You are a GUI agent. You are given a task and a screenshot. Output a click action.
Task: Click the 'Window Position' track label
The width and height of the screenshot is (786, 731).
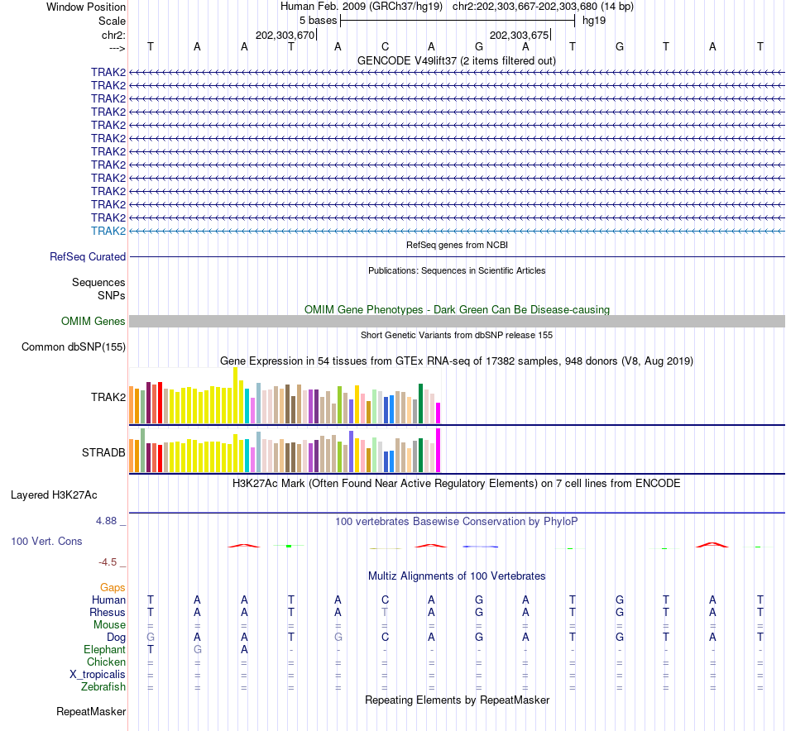click(x=86, y=7)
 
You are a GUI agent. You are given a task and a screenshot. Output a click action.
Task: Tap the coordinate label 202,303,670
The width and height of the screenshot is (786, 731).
click(x=285, y=35)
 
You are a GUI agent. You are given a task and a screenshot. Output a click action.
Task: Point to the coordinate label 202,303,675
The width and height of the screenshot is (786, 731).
click(x=520, y=35)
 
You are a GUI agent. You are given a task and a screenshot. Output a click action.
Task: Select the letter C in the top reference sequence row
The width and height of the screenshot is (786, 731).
click(x=385, y=46)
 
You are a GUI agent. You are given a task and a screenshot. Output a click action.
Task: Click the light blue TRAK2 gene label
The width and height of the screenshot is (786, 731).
click(x=108, y=231)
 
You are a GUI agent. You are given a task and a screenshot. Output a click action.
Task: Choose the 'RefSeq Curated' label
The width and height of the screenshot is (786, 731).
click(x=88, y=256)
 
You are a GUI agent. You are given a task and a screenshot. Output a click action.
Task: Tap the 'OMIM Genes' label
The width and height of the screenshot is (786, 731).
click(x=93, y=321)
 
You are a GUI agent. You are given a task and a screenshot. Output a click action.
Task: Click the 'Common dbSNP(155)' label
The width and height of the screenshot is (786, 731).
click(x=74, y=346)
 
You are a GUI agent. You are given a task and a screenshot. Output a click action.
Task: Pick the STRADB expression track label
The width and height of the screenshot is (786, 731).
click(x=103, y=453)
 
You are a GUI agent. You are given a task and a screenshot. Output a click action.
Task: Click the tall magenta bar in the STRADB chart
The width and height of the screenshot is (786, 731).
click(x=439, y=450)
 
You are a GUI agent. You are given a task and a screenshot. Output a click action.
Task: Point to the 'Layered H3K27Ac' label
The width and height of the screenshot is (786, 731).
click(x=54, y=495)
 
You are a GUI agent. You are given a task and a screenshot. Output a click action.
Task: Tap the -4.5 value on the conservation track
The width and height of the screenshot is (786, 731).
click(x=109, y=562)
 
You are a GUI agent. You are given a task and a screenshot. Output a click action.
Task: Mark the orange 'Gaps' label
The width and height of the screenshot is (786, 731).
click(x=113, y=587)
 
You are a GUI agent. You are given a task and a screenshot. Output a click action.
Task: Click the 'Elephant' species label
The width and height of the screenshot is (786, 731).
click(x=105, y=650)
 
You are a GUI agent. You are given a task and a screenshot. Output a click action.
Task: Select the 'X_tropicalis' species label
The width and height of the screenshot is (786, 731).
click(x=98, y=675)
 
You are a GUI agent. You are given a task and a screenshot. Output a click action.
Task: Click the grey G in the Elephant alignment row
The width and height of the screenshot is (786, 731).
click(x=197, y=650)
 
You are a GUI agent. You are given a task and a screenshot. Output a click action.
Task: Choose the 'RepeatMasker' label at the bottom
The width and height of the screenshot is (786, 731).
click(x=91, y=711)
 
